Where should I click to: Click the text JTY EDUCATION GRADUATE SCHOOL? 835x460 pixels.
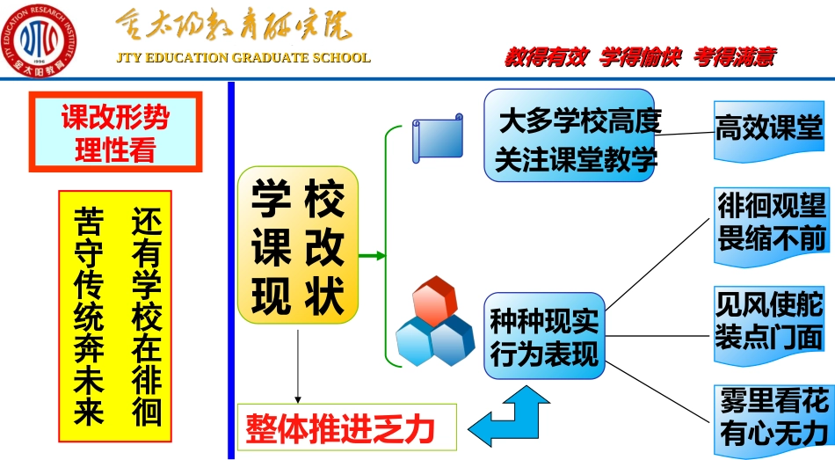click(x=243, y=58)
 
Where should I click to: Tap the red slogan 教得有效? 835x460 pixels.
click(x=544, y=57)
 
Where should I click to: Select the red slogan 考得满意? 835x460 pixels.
click(x=734, y=57)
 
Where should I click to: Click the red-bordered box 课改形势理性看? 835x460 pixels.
click(x=115, y=133)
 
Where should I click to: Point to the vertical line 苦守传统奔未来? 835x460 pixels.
click(x=89, y=316)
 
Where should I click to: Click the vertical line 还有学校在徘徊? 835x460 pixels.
click(x=145, y=316)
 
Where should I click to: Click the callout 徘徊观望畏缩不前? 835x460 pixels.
click(x=772, y=223)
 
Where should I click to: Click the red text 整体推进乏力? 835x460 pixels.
click(x=348, y=428)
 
